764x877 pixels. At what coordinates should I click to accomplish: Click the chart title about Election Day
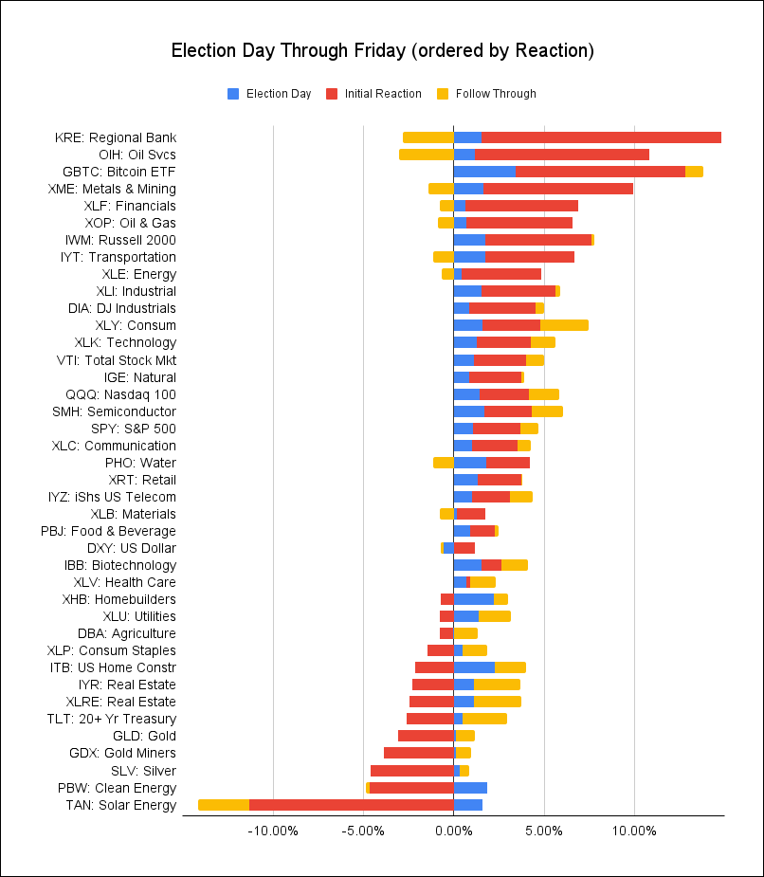click(382, 50)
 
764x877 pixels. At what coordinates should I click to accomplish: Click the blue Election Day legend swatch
click(233, 94)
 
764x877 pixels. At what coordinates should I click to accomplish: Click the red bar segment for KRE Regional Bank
click(601, 137)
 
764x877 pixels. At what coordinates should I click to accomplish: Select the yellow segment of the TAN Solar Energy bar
click(224, 805)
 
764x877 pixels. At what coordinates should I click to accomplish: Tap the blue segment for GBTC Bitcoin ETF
click(484, 172)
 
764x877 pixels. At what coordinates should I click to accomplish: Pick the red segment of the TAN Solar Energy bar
click(352, 805)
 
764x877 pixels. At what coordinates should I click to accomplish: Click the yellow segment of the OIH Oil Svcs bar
click(427, 155)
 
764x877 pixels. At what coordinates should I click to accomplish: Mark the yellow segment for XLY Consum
click(564, 325)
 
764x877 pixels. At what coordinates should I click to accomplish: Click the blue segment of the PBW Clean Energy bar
click(470, 788)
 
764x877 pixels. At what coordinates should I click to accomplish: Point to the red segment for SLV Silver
click(412, 771)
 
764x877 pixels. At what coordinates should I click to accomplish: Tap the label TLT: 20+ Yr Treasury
click(111, 719)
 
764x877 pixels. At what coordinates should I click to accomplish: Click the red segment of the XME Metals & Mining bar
click(557, 189)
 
